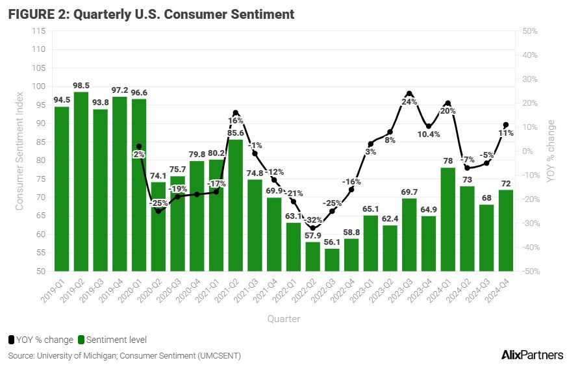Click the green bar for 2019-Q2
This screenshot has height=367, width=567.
point(81,182)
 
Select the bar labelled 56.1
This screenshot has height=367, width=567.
point(332,260)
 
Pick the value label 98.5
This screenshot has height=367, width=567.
point(81,86)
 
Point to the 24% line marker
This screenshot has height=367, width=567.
point(409,94)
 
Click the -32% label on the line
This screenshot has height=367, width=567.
point(313,220)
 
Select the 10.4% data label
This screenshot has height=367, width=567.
point(429,134)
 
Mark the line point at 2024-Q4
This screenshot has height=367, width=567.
point(506,125)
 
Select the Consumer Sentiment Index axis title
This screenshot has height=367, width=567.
point(19,151)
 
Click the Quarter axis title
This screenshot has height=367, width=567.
point(283,319)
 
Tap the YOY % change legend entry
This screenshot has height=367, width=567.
point(40,340)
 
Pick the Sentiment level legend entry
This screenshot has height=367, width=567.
point(112,340)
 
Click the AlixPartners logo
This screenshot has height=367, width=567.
point(532,355)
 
